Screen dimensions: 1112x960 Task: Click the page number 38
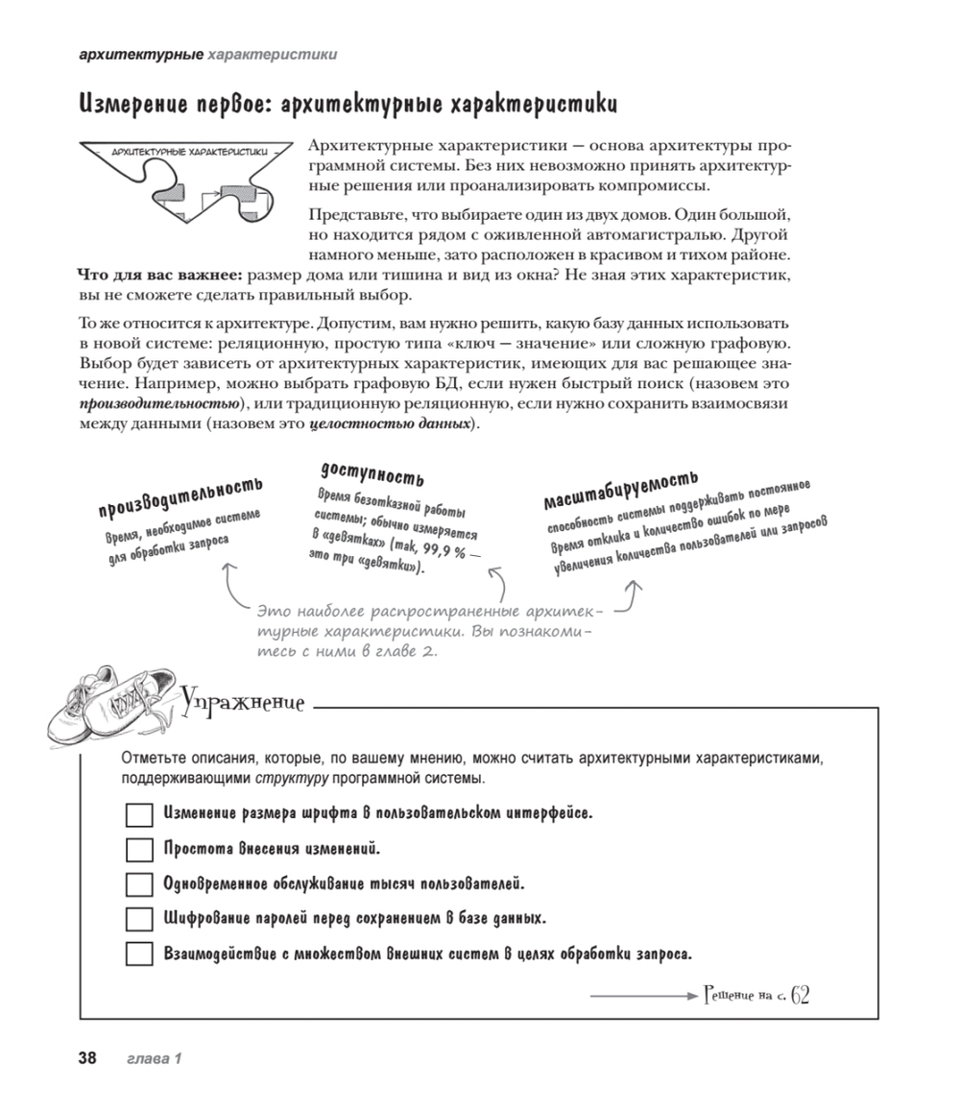(x=87, y=1059)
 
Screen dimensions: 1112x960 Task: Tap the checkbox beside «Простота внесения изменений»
(x=140, y=850)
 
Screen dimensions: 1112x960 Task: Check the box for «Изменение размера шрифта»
(x=140, y=815)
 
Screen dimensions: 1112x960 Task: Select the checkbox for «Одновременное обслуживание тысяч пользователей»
(x=140, y=884)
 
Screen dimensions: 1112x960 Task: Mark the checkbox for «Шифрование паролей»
(x=140, y=919)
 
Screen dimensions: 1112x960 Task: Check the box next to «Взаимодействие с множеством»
(x=140, y=955)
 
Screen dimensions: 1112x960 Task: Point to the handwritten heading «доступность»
(x=372, y=472)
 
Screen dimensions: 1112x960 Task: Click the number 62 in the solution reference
(x=801, y=995)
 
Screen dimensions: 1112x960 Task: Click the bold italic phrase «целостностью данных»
(x=389, y=423)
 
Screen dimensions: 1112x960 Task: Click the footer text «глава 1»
(x=155, y=1059)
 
